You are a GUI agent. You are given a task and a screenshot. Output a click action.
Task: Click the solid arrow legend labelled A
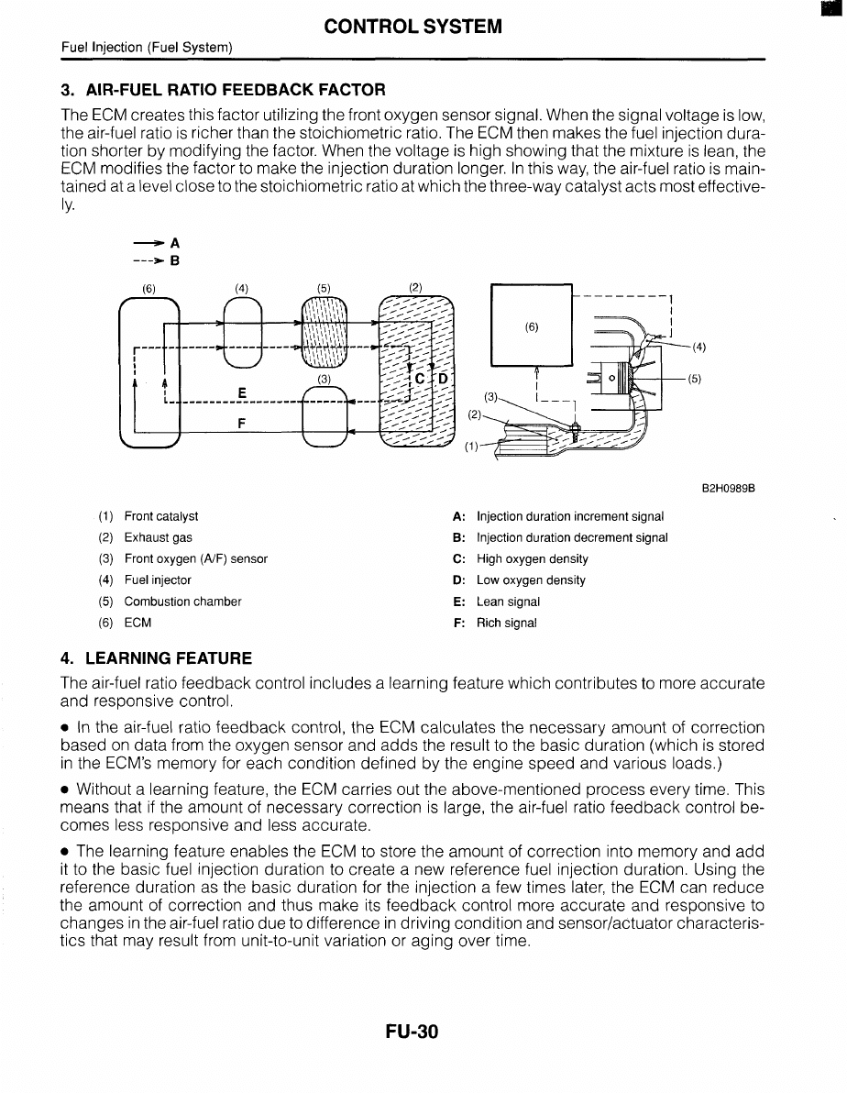pyautogui.click(x=155, y=243)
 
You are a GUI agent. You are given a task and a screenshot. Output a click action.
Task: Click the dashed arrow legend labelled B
pyautogui.click(x=155, y=259)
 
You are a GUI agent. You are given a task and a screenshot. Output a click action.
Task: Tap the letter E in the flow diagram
pyautogui.click(x=241, y=392)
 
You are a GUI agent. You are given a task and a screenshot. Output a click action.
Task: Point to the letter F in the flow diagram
pyautogui.click(x=241, y=424)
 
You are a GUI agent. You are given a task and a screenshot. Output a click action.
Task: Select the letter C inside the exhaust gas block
pyautogui.click(x=419, y=378)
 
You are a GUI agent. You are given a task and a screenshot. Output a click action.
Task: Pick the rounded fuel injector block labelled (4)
pyautogui.click(x=241, y=335)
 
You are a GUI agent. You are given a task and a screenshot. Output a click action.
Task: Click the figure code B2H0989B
pyautogui.click(x=733, y=489)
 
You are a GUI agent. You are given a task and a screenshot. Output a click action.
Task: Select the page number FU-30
pyautogui.click(x=412, y=1032)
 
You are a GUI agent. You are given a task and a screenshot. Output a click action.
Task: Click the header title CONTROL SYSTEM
pyautogui.click(x=412, y=27)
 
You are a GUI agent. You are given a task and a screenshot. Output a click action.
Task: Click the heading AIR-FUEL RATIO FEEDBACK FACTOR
pyautogui.click(x=223, y=90)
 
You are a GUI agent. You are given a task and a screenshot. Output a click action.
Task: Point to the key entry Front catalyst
pyautogui.click(x=160, y=517)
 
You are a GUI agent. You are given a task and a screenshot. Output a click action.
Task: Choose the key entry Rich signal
pyautogui.click(x=506, y=624)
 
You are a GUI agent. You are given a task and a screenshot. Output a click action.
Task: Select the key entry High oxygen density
pyautogui.click(x=532, y=559)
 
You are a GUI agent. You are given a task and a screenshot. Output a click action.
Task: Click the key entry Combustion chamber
pyautogui.click(x=182, y=602)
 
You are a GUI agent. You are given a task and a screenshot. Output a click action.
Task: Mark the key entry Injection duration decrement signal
pyautogui.click(x=572, y=538)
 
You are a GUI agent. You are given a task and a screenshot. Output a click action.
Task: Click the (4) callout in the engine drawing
pyautogui.click(x=698, y=347)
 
